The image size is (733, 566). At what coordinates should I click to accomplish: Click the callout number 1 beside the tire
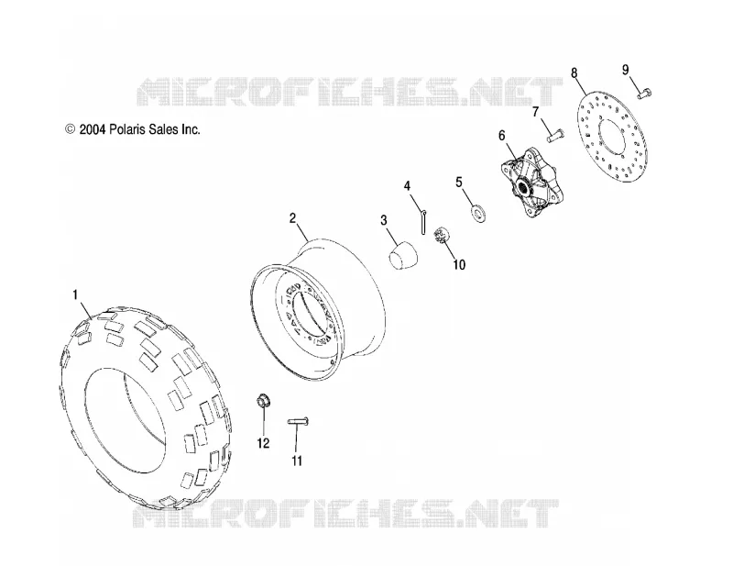(76, 295)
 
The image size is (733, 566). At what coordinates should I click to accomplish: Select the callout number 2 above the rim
(292, 218)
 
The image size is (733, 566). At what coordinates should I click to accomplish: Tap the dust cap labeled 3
(403, 256)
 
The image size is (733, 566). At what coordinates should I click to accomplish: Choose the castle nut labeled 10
(442, 234)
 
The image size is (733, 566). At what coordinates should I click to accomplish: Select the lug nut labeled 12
(264, 402)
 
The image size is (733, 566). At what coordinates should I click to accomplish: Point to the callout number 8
(574, 73)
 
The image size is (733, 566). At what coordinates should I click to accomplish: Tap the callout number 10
(459, 265)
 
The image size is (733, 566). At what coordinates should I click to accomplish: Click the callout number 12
(263, 443)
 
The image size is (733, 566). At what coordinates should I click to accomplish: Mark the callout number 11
(297, 461)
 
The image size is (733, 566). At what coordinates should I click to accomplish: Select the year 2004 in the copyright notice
(93, 129)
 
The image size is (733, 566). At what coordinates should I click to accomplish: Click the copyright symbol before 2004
(71, 129)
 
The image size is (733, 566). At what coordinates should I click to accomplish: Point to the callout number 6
(501, 136)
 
